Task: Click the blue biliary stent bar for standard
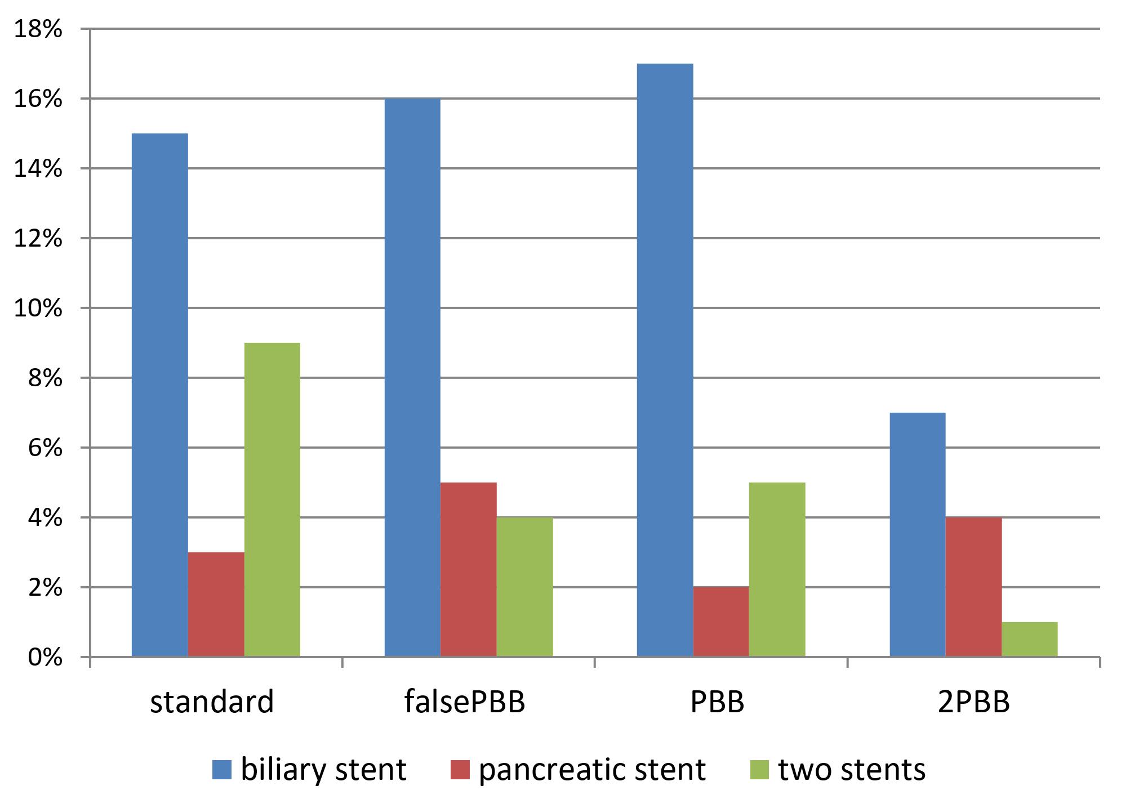[x=159, y=394]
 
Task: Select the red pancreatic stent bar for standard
[x=216, y=604]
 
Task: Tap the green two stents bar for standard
[x=272, y=499]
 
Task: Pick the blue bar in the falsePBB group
[x=412, y=377]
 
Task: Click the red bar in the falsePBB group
[x=468, y=569]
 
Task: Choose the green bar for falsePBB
[x=524, y=587]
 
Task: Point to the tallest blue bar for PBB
[x=665, y=360]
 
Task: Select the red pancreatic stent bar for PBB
[x=720, y=622]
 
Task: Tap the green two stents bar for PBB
[x=777, y=569]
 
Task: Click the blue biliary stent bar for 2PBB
[x=917, y=535]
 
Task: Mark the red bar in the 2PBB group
[x=973, y=587]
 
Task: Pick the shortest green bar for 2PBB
[x=1029, y=639]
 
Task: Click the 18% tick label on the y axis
[x=37, y=29]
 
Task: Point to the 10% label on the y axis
[x=37, y=309]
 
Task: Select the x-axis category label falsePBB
[x=465, y=702]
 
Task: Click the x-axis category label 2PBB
[x=973, y=702]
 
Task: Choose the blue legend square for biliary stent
[x=221, y=770]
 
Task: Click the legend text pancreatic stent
[x=591, y=770]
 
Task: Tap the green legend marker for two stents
[x=760, y=770]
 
